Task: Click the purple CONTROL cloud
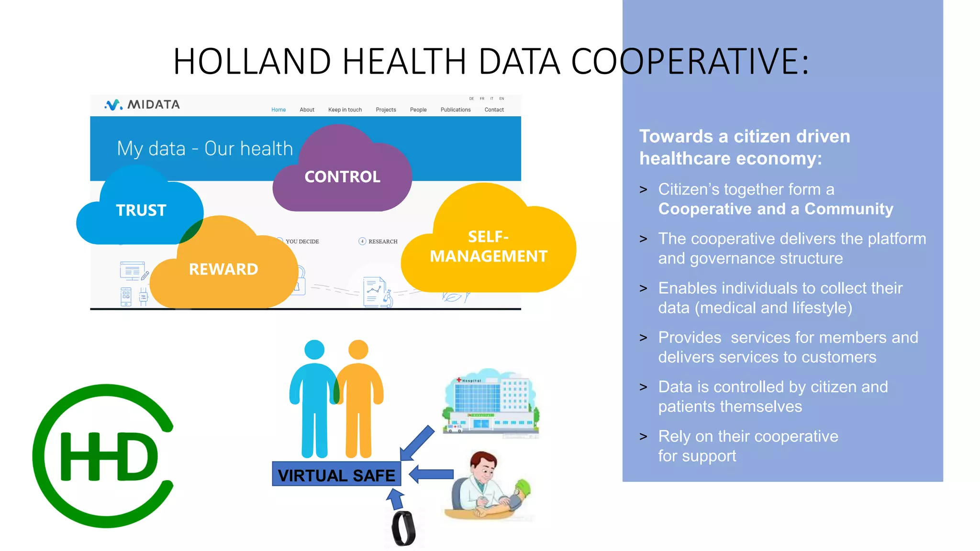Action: [342, 177]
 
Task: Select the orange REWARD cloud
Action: [223, 269]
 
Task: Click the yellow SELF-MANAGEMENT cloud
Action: [488, 246]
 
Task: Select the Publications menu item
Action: [455, 110]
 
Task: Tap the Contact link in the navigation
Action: [494, 110]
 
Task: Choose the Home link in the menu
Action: [278, 110]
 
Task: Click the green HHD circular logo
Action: [103, 456]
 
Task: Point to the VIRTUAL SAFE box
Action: [336, 474]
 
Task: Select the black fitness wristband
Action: [403, 529]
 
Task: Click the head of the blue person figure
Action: [314, 350]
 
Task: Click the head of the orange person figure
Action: [358, 350]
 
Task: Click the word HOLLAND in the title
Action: [252, 62]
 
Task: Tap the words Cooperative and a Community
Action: [775, 209]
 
